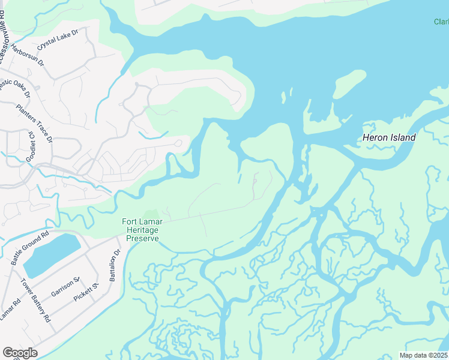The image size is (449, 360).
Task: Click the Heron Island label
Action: pyautogui.click(x=389, y=137)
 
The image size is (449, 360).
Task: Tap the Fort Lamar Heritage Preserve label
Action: pyautogui.click(x=142, y=230)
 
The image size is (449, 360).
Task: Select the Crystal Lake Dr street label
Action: pyautogui.click(x=58, y=41)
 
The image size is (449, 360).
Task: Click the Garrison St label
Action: pyautogui.click(x=66, y=287)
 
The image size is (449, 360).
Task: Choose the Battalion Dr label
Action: pyautogui.click(x=115, y=265)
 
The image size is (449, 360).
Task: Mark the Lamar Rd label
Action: pyautogui.click(x=10, y=309)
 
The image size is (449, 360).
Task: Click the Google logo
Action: pyautogui.click(x=19, y=352)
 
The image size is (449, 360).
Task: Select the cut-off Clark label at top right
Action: pyautogui.click(x=441, y=22)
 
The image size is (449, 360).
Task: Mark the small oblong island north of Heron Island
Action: pyautogui.click(x=349, y=84)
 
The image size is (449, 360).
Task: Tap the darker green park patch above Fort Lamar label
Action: pyautogui.click(x=151, y=215)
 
